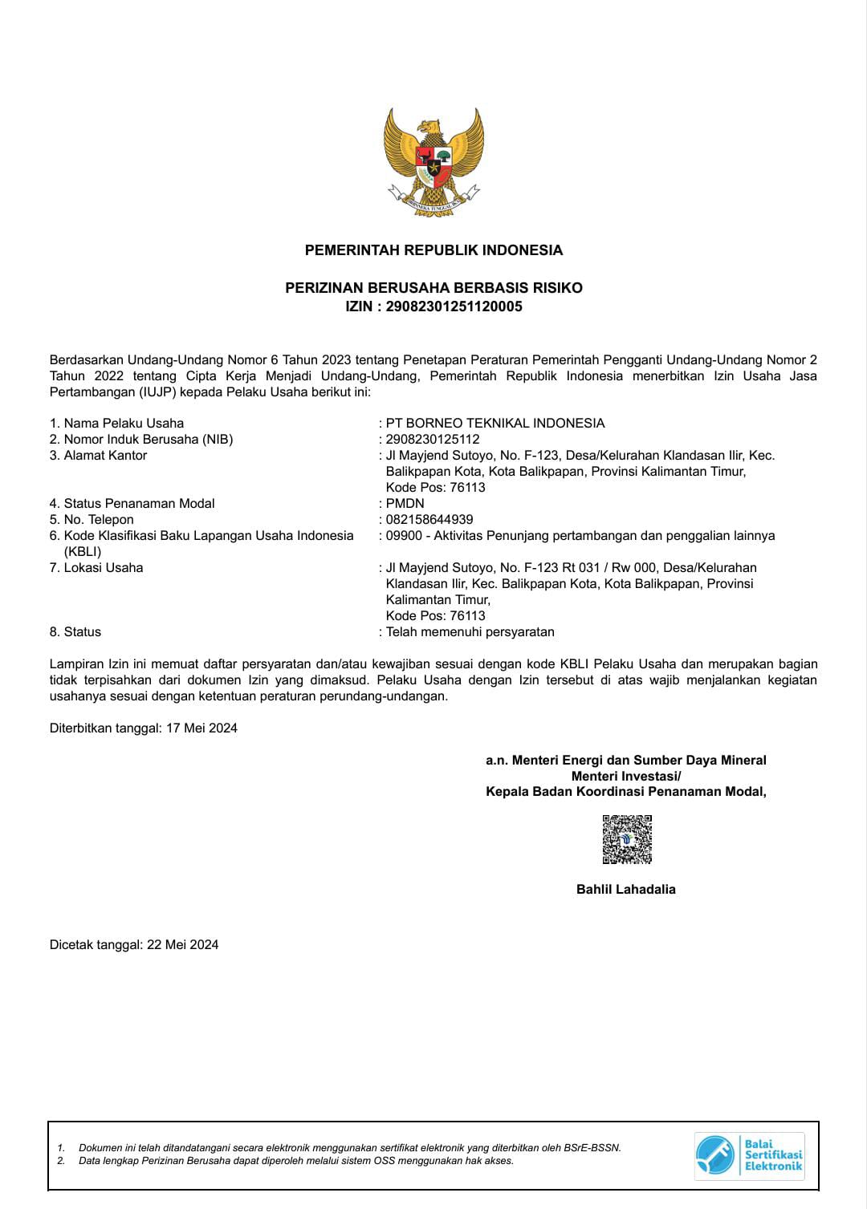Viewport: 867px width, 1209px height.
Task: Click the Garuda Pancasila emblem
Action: coord(433,163)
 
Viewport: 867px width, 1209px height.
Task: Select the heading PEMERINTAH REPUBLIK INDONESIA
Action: coord(433,250)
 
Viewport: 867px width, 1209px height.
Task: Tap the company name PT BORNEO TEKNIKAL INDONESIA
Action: coord(495,423)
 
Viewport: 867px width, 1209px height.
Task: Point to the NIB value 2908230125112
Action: coord(433,439)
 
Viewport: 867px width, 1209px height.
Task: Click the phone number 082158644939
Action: coord(429,519)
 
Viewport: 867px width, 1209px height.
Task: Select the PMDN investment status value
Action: coord(405,503)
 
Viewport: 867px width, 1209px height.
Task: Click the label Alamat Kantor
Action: coord(105,455)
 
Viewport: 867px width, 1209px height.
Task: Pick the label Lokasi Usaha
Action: coord(103,567)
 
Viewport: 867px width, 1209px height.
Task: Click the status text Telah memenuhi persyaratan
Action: coord(470,631)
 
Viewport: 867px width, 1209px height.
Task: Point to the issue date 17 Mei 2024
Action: coord(201,728)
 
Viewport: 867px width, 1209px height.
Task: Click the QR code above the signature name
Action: coord(627,839)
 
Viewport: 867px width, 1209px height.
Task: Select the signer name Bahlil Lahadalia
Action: coord(626,889)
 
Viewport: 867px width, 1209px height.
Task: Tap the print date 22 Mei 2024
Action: coord(183,944)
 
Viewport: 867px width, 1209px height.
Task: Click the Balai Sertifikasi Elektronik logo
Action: coord(750,1155)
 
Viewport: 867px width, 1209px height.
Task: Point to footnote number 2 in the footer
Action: coord(61,1160)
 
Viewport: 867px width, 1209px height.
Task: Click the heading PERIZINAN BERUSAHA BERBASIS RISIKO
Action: coord(433,287)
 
